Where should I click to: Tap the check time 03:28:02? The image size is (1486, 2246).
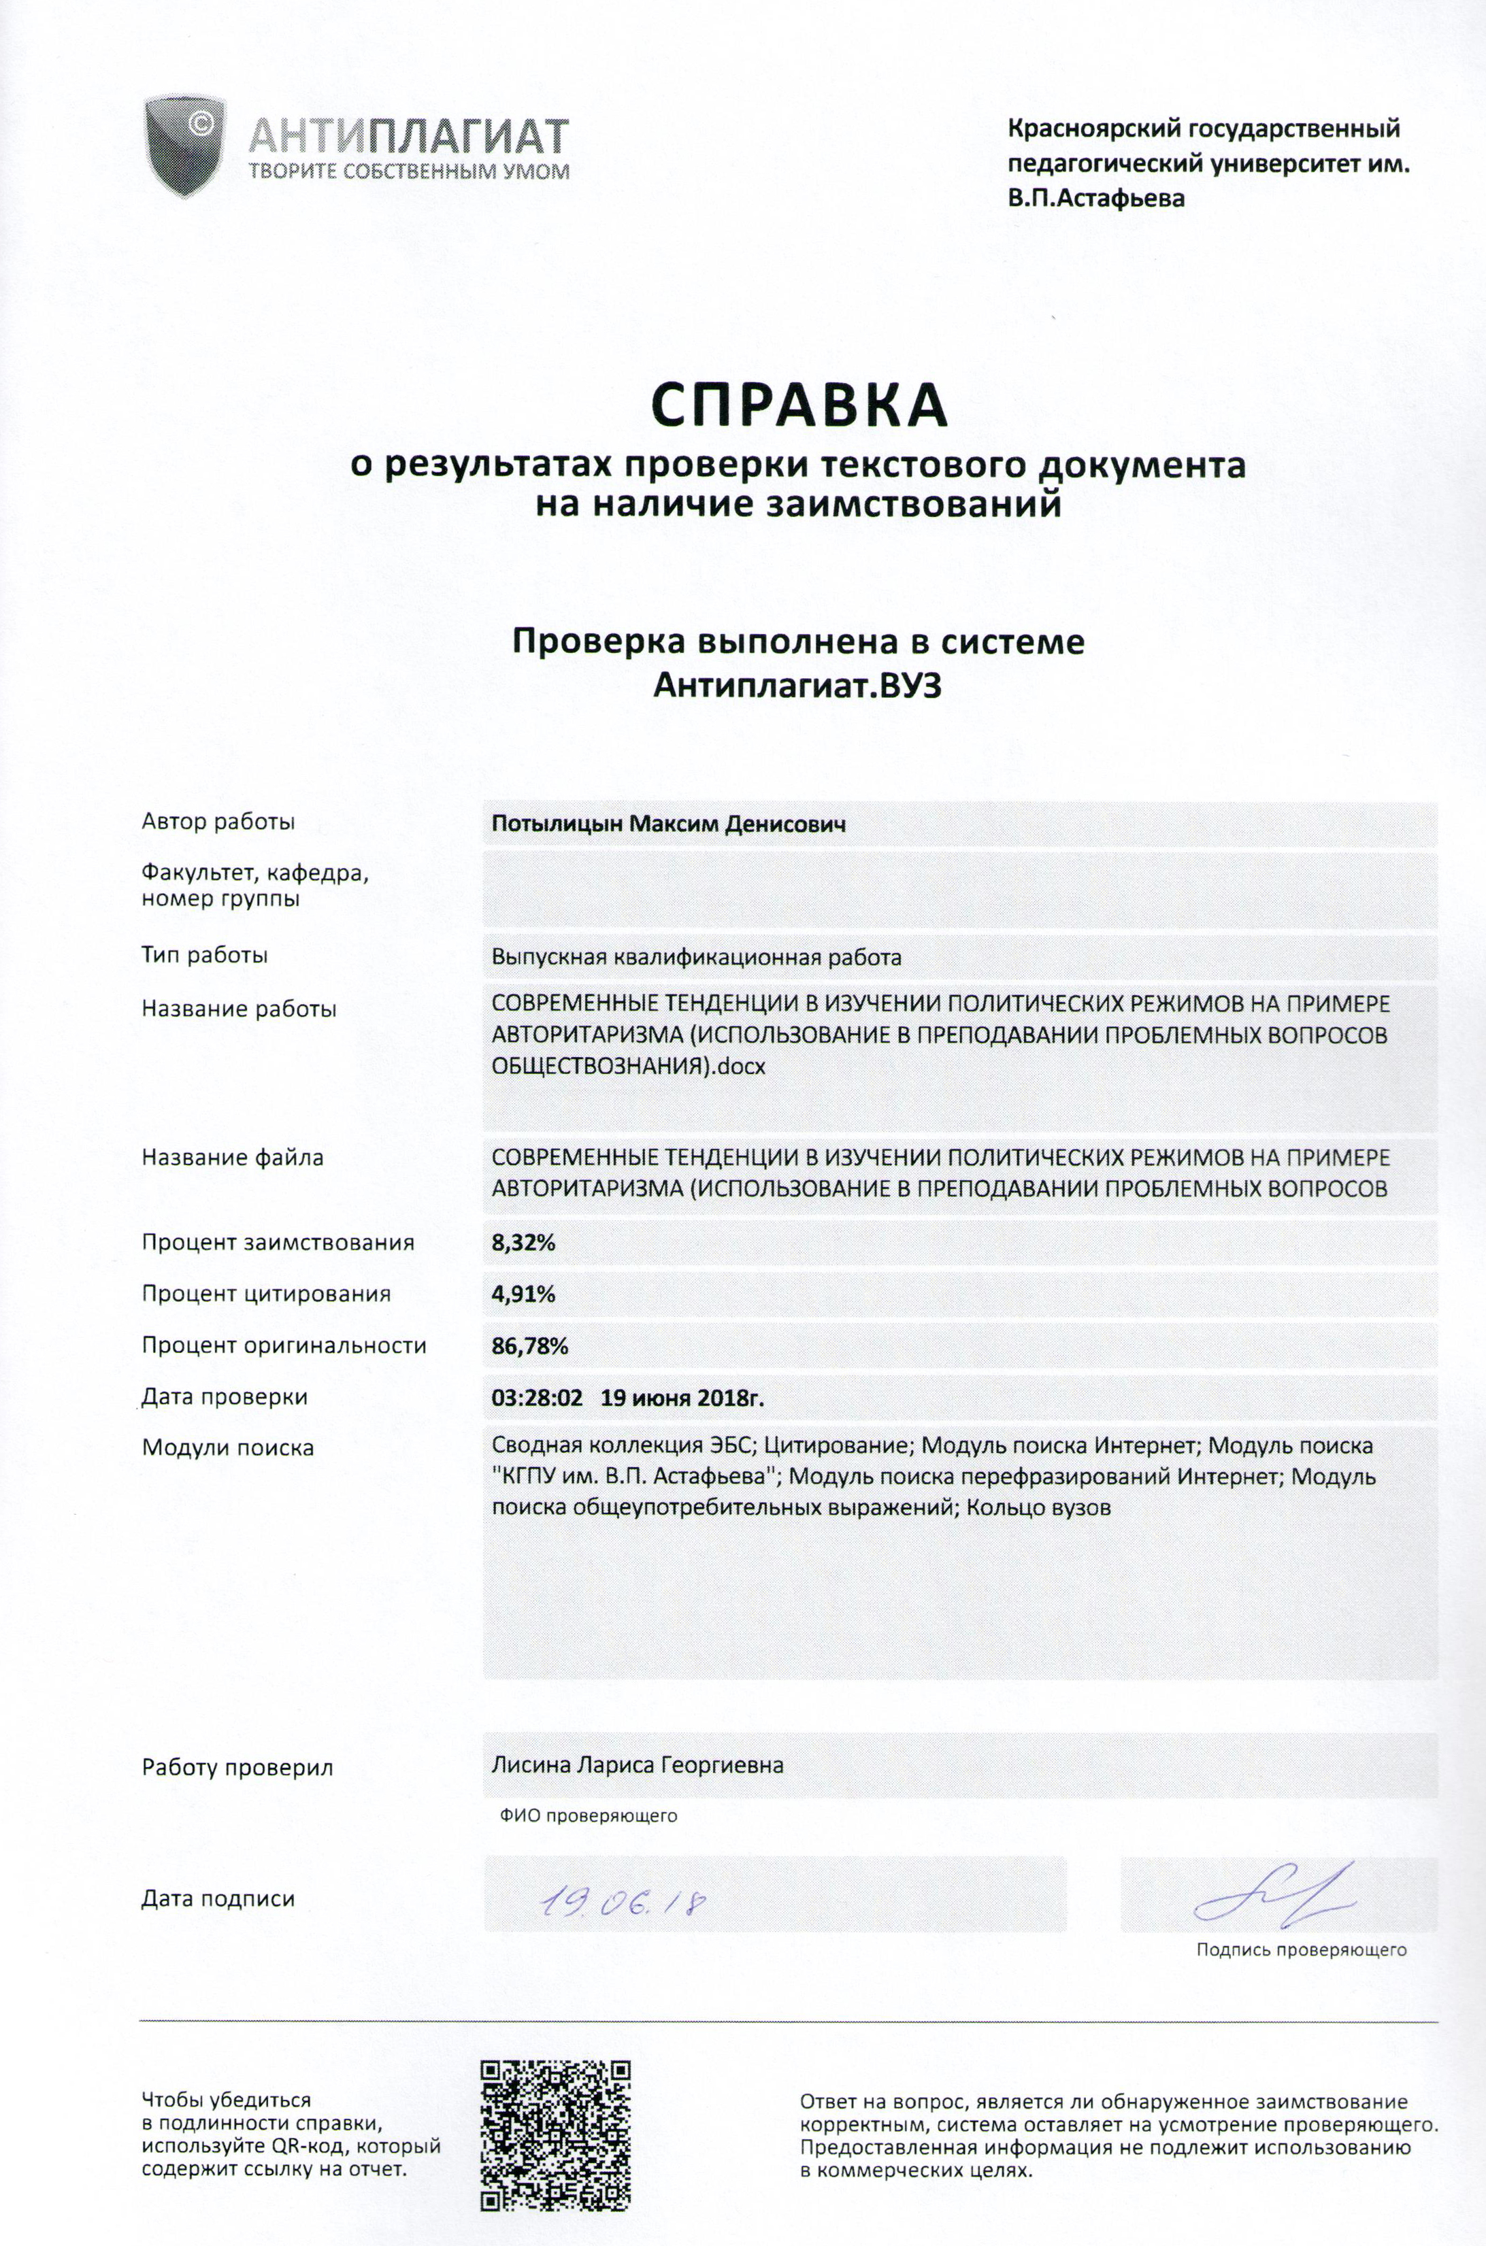(536, 1397)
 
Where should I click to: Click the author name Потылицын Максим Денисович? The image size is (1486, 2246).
(668, 824)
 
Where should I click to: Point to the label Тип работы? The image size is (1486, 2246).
(205, 955)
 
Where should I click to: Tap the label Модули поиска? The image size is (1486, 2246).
(227, 1447)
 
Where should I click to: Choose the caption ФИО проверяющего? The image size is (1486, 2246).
(589, 1816)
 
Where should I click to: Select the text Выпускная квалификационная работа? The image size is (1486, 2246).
(695, 958)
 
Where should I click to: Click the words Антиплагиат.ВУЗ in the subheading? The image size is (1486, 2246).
(798, 686)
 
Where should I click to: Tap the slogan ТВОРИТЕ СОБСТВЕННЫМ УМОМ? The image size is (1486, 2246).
(408, 171)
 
